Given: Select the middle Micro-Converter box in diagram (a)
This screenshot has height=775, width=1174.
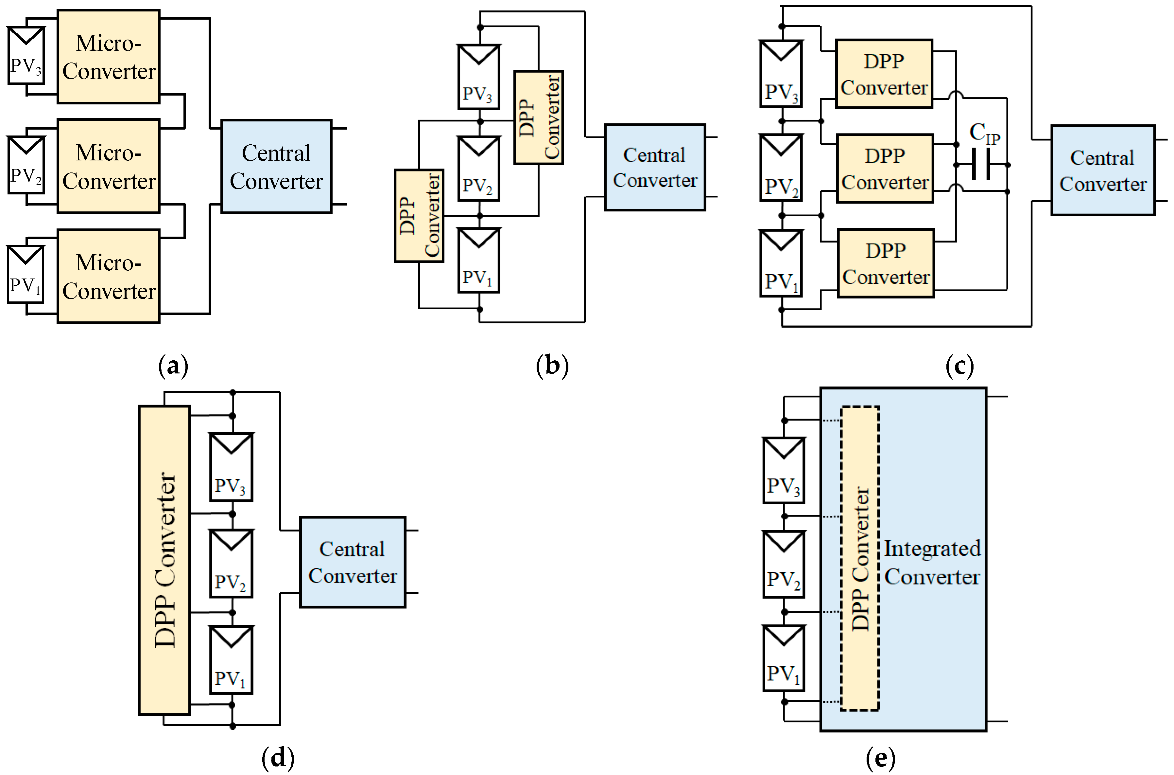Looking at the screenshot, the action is pyautogui.click(x=109, y=166).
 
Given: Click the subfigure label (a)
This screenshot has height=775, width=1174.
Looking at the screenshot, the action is pyautogui.click(x=173, y=366).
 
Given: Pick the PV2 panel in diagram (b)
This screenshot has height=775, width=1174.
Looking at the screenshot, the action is pyautogui.click(x=478, y=169).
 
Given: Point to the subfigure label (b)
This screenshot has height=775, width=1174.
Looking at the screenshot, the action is pyautogui.click(x=552, y=366).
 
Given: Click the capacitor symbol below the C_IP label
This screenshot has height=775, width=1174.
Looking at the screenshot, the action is pyautogui.click(x=981, y=165).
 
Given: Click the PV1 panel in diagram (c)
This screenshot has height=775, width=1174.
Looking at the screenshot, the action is pyautogui.click(x=781, y=263).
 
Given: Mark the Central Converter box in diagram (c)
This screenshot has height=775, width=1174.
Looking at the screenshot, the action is pyautogui.click(x=1103, y=171).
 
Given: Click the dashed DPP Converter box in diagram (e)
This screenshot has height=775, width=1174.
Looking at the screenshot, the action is pyautogui.click(x=860, y=559).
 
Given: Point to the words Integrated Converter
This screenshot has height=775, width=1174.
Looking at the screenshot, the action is pyautogui.click(x=932, y=563).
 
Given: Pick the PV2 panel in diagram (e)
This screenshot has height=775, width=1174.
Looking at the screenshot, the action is pyautogui.click(x=784, y=565).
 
